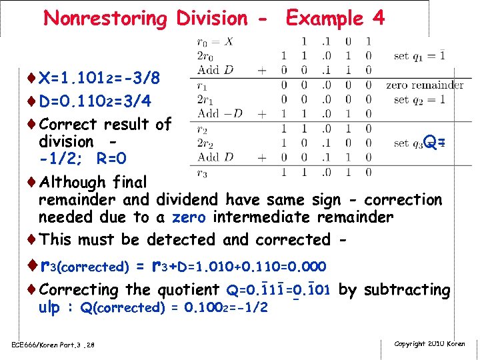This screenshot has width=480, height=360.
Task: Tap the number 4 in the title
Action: click(379, 18)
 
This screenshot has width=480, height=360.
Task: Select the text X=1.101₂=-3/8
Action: click(99, 79)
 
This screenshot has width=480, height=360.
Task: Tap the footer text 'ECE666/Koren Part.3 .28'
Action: click(53, 344)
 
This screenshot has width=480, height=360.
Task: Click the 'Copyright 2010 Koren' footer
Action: click(430, 344)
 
